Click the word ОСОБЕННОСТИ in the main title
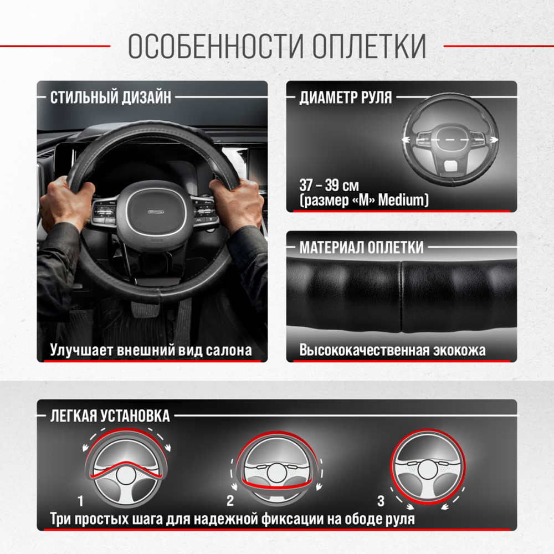pyautogui.click(x=216, y=46)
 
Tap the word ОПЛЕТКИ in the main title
pyautogui.click(x=369, y=46)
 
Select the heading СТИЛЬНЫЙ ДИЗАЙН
pyautogui.click(x=111, y=97)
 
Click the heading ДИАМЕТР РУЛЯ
pyautogui.click(x=346, y=97)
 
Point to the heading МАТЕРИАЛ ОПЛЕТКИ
pyautogui.click(x=361, y=247)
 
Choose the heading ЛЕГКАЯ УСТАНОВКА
pyautogui.click(x=110, y=416)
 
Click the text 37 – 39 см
pyautogui.click(x=329, y=185)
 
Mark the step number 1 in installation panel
pyautogui.click(x=80, y=501)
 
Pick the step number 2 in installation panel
pyautogui.click(x=230, y=501)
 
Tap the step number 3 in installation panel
pyautogui.click(x=381, y=501)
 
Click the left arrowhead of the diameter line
pyautogui.click(x=406, y=140)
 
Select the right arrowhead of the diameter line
pyautogui.click(x=495, y=140)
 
